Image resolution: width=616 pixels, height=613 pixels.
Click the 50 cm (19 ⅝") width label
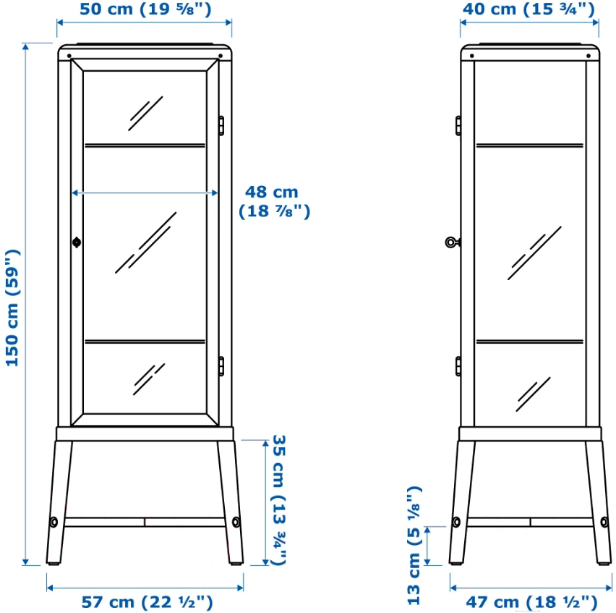coord(145,9)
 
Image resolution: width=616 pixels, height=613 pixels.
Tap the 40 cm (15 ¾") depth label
coord(529,9)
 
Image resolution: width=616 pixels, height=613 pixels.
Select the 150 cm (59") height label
coord(12,308)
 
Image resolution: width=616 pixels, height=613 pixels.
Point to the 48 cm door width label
coord(274,202)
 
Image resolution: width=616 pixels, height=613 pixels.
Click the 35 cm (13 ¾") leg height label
coord(279,500)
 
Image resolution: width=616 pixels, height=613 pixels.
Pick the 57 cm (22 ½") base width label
coord(147,602)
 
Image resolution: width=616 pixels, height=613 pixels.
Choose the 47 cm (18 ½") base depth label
coord(531,602)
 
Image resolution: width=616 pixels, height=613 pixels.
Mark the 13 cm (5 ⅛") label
coord(414,546)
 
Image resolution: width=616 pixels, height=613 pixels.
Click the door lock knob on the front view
coord(77,242)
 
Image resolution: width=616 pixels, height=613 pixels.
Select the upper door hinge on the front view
coord(221,126)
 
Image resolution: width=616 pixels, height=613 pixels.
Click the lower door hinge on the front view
coord(221,366)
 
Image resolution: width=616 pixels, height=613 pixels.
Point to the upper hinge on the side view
coord(458,126)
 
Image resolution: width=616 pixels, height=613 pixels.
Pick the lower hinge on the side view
coord(458,366)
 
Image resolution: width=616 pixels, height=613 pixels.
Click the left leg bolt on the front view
coord(54,522)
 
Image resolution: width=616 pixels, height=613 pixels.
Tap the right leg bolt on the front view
coord(236,522)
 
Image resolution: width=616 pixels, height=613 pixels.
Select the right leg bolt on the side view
coord(604,522)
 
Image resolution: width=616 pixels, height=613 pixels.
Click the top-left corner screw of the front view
coord(69,56)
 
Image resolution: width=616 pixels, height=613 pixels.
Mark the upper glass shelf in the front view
coord(145,145)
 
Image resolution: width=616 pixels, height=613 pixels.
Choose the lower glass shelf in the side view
coord(529,342)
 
